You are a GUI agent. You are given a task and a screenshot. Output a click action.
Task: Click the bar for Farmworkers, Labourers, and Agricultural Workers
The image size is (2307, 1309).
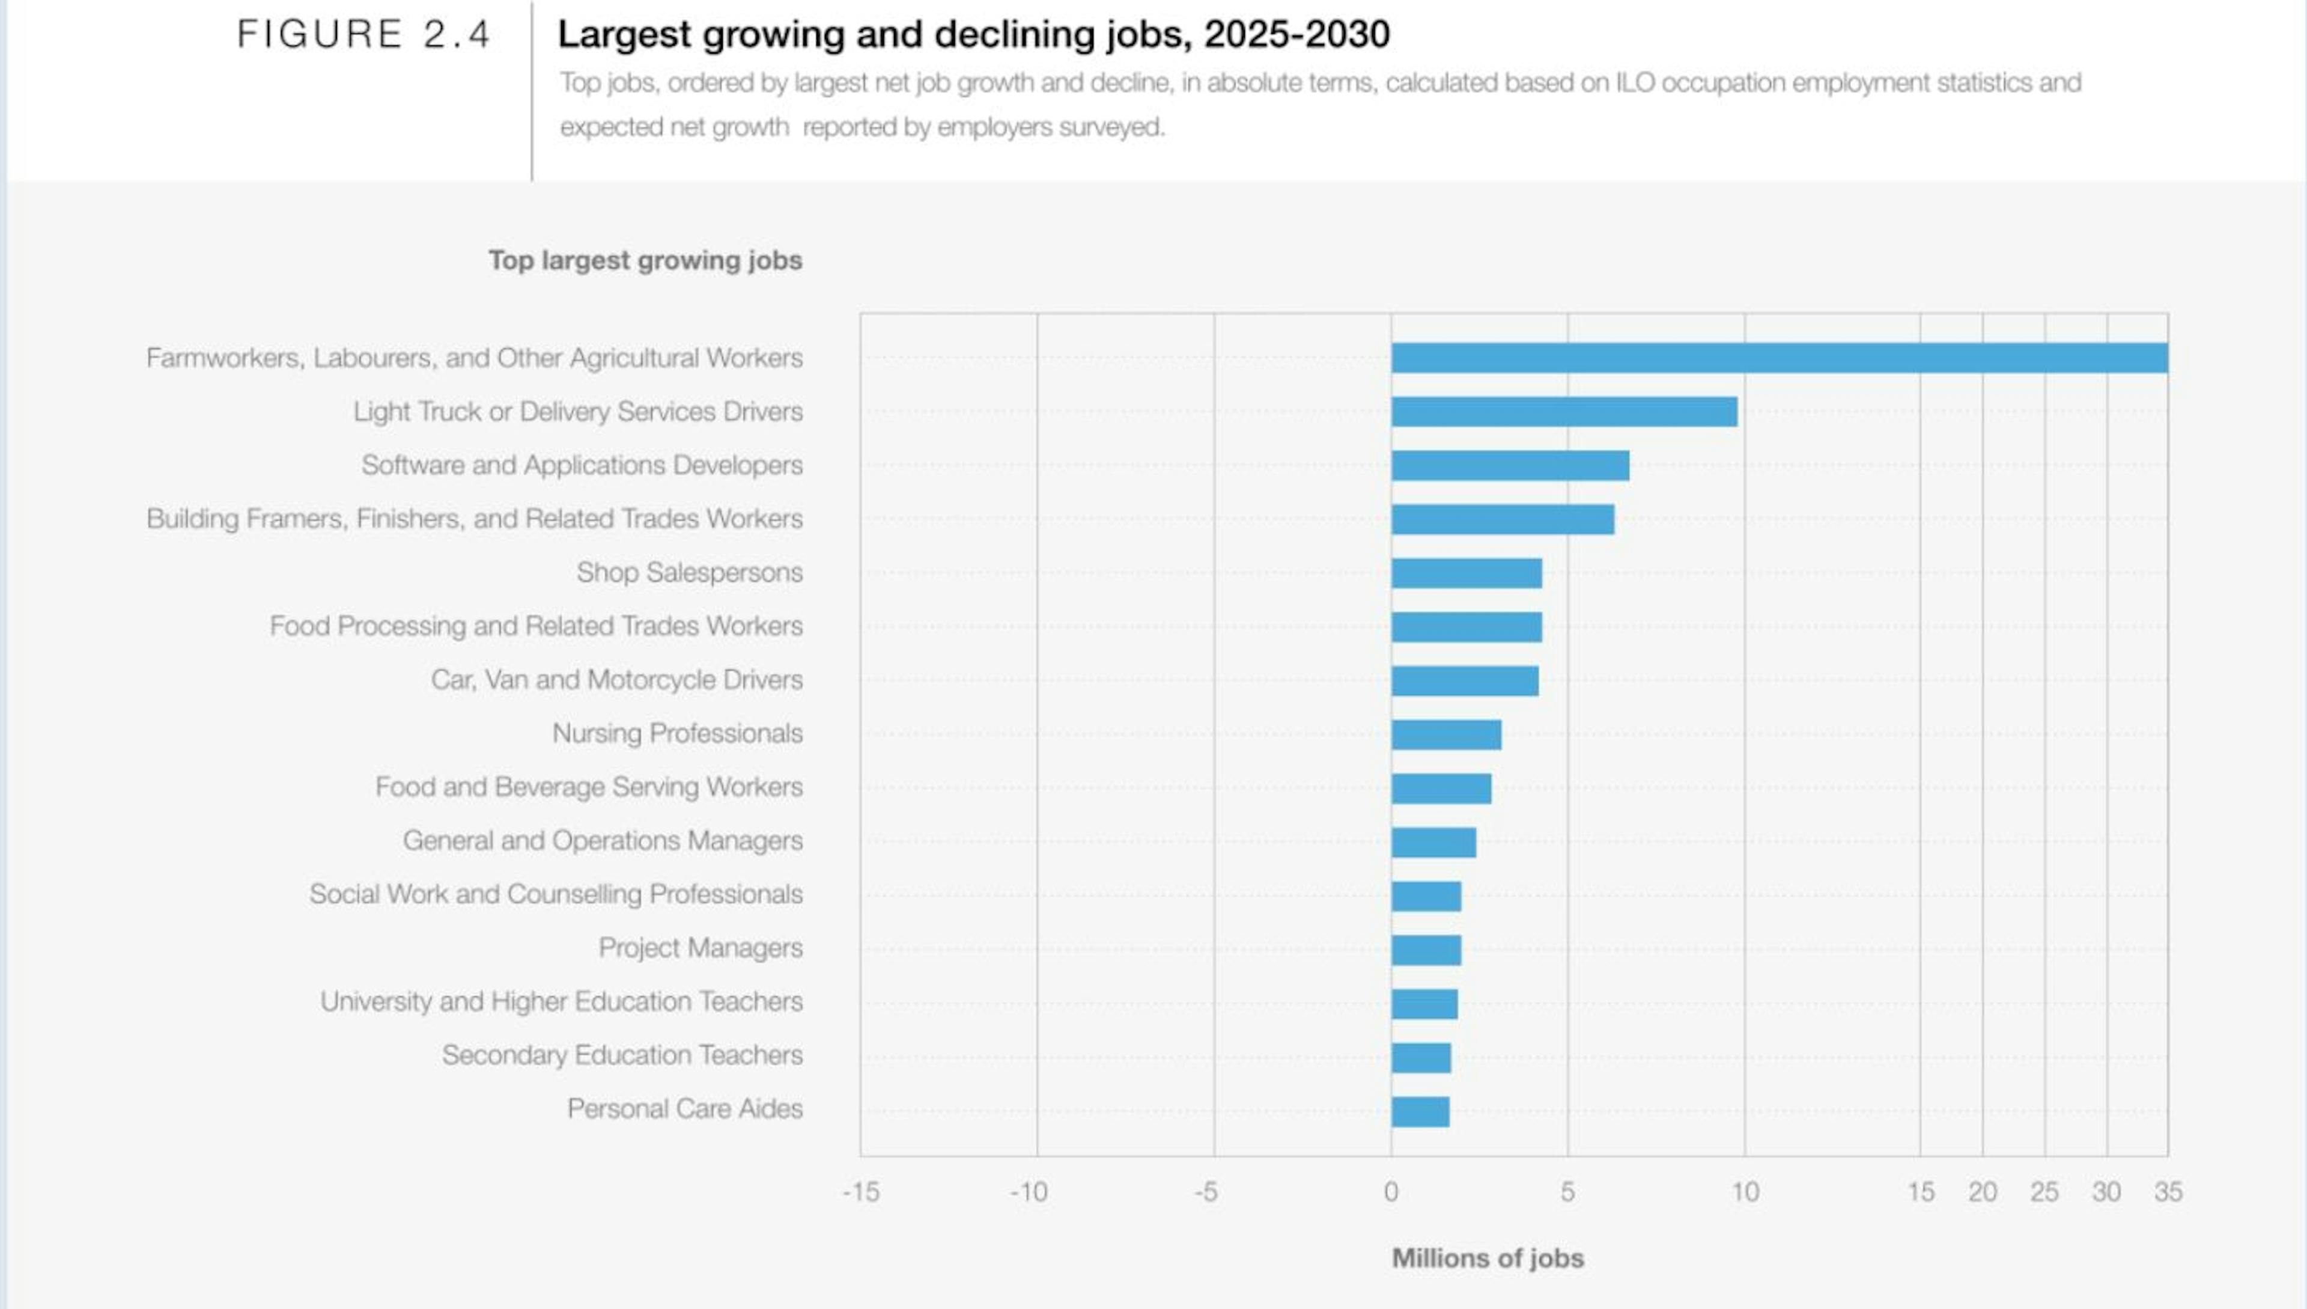tap(1780, 358)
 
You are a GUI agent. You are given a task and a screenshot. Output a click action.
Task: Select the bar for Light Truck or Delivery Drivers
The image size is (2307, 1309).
tap(1564, 412)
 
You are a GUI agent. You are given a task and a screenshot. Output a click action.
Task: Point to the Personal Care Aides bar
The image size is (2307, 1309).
tap(1420, 1112)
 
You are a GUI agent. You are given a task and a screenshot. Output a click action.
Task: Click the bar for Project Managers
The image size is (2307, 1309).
tap(1426, 950)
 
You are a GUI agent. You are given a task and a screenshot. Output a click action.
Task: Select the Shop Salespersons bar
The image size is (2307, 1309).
tap(1467, 573)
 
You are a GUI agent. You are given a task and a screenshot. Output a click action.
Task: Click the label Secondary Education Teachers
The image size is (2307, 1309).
tap(622, 1055)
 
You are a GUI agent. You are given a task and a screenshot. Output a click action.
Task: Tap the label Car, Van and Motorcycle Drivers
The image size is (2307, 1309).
tap(616, 680)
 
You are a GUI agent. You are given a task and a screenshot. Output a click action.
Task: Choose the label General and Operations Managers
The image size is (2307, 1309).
tap(602, 841)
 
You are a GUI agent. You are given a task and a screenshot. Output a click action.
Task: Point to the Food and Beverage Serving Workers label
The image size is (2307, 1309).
tap(589, 787)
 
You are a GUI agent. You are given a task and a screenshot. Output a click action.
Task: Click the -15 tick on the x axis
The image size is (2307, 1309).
tap(860, 1192)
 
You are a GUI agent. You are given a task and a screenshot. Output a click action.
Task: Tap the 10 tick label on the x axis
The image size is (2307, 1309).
tap(1745, 1192)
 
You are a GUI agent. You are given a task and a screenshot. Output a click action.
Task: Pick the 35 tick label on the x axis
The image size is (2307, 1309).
tap(2168, 1192)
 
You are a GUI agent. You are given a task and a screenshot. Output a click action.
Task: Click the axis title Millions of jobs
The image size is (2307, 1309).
tap(1488, 1258)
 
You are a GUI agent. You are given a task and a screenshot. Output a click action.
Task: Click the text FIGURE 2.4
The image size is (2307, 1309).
tap(363, 35)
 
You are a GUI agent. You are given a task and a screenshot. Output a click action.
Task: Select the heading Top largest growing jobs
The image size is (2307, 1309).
tap(645, 261)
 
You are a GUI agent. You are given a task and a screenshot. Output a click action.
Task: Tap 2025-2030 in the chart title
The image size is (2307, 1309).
tap(1297, 35)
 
